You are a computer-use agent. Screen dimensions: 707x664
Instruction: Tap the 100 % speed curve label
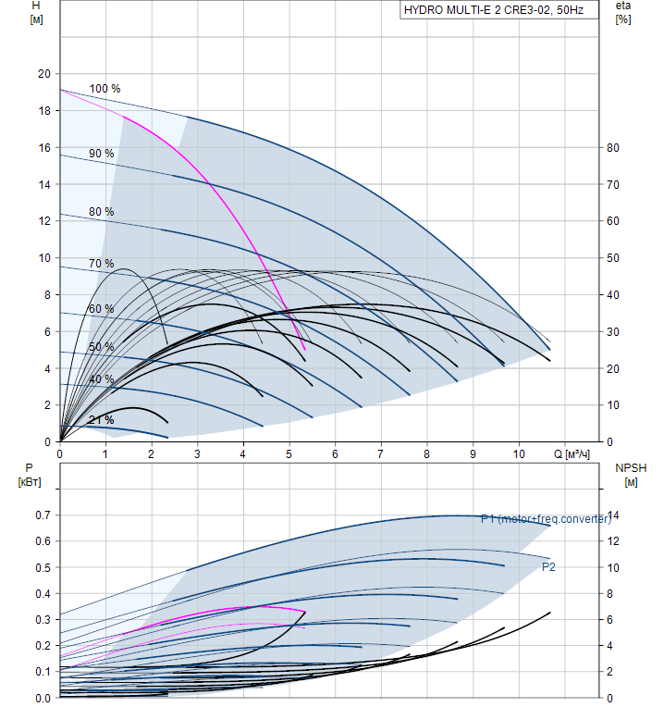click(x=105, y=89)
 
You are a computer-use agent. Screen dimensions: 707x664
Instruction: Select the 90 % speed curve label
click(x=101, y=154)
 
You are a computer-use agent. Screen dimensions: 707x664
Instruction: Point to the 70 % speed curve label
click(x=101, y=264)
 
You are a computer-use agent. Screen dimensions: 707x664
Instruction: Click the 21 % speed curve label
click(x=101, y=420)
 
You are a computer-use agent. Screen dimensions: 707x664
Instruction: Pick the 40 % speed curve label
click(x=101, y=379)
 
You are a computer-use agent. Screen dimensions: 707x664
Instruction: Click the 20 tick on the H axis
click(x=42, y=74)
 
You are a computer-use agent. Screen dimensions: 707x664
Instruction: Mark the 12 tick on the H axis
click(x=42, y=221)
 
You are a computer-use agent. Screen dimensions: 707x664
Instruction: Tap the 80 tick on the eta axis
click(x=612, y=148)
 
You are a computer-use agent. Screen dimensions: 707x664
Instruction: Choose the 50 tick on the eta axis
click(x=612, y=258)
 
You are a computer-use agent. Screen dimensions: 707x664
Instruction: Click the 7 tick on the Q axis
click(x=381, y=454)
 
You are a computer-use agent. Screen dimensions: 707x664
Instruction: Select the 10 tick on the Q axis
click(x=519, y=454)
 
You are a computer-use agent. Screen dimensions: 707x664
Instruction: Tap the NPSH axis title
click(x=629, y=468)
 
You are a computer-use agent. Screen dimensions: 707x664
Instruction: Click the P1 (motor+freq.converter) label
click(x=546, y=519)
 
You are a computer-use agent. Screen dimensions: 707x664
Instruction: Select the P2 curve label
click(x=548, y=566)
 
